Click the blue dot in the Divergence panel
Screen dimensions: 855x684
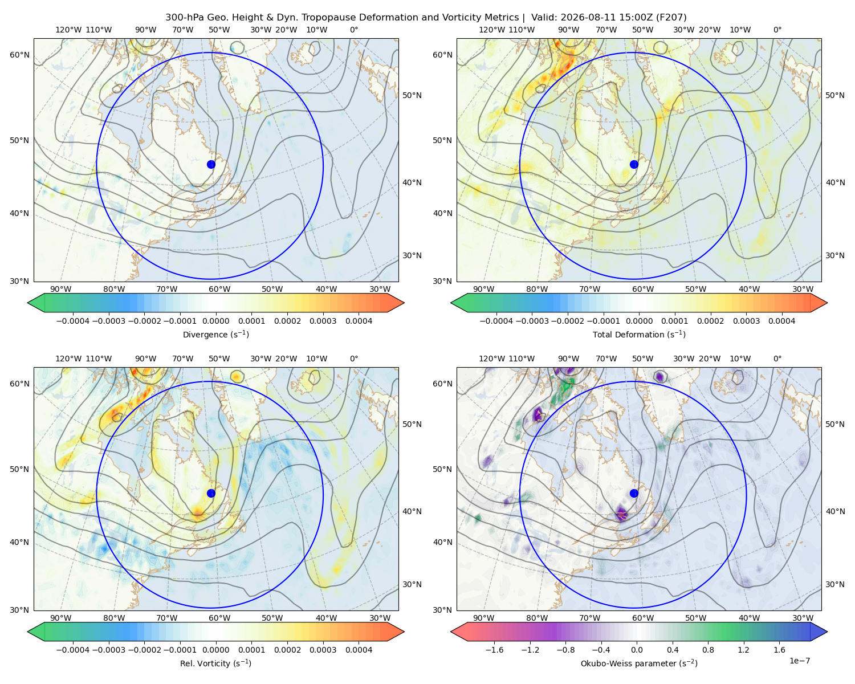click(x=211, y=164)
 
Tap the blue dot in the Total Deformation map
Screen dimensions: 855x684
click(x=634, y=164)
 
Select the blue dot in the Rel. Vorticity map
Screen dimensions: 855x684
click(x=211, y=493)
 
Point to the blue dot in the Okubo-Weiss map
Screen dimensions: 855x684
click(x=634, y=493)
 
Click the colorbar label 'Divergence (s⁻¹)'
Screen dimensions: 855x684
click(x=215, y=334)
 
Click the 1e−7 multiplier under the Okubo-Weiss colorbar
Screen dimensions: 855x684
click(x=799, y=661)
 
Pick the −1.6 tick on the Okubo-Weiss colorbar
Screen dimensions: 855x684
click(x=494, y=649)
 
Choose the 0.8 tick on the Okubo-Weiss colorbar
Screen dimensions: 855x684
click(x=708, y=649)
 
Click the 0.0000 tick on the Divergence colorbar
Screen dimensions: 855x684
click(x=215, y=321)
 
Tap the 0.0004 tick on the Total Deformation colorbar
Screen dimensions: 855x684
click(x=781, y=321)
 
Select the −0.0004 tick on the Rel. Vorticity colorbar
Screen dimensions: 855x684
click(x=73, y=649)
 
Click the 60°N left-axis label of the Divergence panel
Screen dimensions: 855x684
click(x=19, y=55)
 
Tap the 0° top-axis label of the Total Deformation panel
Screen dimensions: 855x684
click(x=777, y=30)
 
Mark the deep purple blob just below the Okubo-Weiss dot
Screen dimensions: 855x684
click(x=621, y=512)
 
